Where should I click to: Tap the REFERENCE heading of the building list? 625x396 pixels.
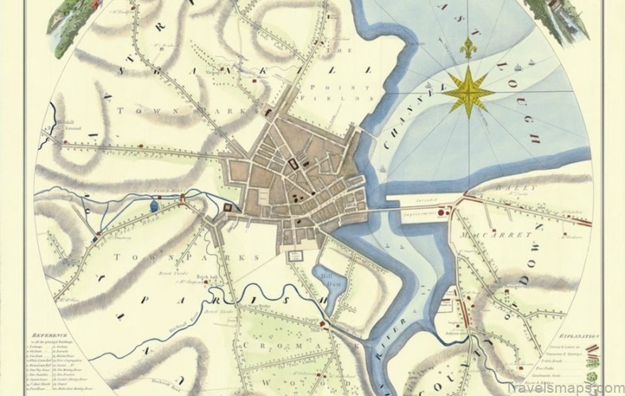click(x=54, y=337)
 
